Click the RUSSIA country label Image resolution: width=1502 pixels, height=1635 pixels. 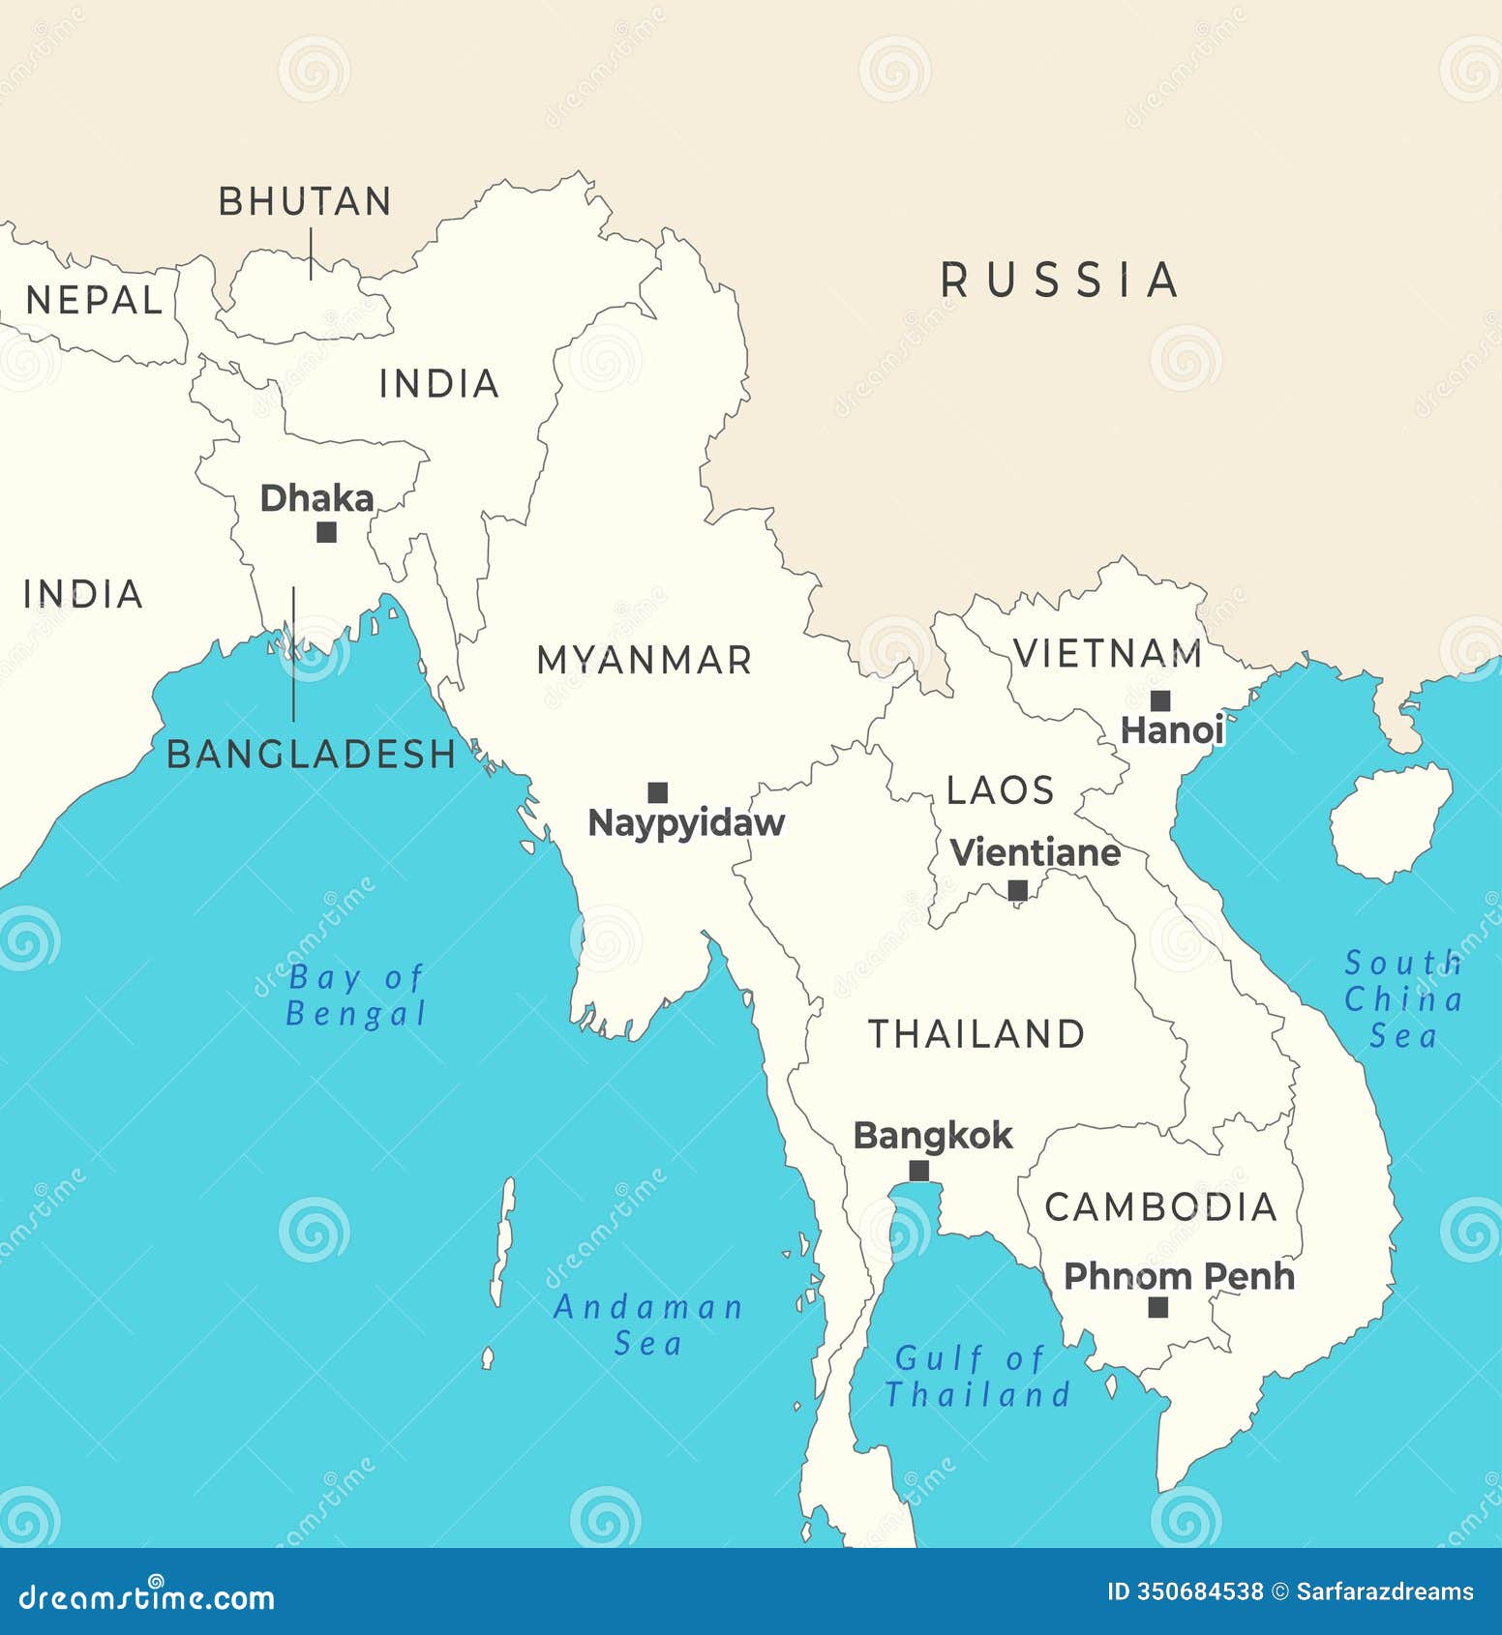(1060, 280)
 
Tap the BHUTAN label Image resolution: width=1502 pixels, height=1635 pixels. (305, 201)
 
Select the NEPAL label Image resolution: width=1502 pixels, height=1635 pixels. (94, 300)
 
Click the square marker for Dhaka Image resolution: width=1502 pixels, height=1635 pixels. (327, 531)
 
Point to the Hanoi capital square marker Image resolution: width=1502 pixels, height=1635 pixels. (1159, 700)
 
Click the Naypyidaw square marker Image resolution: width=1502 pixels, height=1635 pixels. (657, 792)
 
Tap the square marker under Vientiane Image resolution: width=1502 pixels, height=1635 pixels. (1017, 889)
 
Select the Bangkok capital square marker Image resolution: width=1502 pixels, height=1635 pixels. (918, 1171)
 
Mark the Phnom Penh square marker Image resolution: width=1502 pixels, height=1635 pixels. (1157, 1307)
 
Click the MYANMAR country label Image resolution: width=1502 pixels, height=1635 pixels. (644, 660)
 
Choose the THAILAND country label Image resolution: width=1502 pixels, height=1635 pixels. (976, 1033)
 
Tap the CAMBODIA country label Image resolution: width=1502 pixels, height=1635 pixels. (1160, 1206)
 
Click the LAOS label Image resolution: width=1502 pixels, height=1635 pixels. (1000, 790)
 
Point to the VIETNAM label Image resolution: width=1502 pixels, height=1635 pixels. (1107, 653)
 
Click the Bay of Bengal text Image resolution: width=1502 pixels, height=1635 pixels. (356, 995)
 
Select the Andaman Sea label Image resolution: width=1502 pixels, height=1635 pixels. (647, 1324)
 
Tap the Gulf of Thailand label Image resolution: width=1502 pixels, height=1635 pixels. (977, 1376)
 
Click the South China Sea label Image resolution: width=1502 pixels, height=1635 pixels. (1403, 998)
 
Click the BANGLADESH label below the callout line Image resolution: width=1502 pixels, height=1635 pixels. (311, 754)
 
